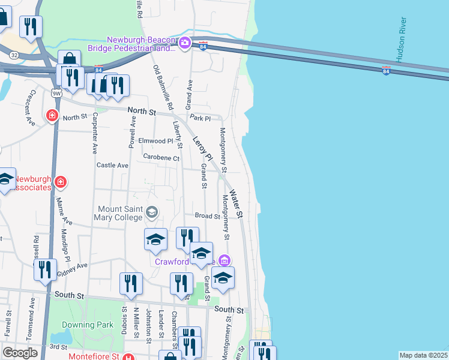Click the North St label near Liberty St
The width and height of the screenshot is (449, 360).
(142, 112)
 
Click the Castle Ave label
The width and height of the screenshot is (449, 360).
(113, 165)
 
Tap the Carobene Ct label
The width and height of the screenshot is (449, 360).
(161, 158)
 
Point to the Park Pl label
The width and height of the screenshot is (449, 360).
(200, 118)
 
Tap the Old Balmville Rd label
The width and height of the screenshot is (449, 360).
(163, 87)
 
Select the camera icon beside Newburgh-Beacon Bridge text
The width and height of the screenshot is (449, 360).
(185, 43)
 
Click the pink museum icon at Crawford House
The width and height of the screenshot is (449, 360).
(224, 260)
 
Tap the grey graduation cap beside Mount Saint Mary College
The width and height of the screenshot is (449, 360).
(152, 211)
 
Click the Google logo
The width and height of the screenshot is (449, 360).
(20, 353)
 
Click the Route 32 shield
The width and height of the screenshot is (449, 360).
(14, 55)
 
